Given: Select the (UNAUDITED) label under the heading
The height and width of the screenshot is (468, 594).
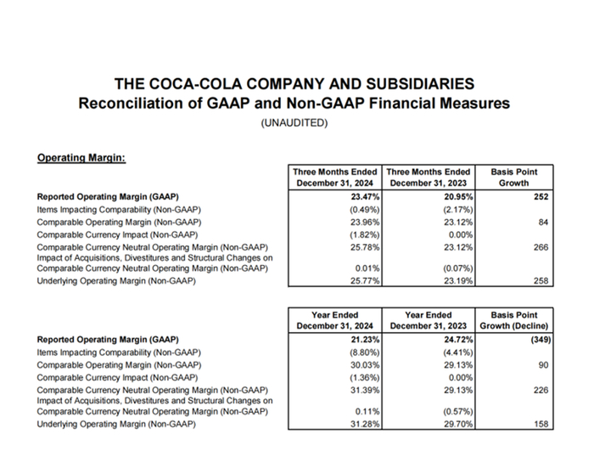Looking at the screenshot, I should [294, 123].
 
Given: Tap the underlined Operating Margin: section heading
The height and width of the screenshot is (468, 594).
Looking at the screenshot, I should [81, 157].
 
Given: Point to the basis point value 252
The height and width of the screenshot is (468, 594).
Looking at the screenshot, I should [541, 196].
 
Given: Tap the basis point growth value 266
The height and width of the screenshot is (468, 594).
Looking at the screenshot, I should [541, 247].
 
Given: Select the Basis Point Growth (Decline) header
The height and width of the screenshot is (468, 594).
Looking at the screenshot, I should [513, 319].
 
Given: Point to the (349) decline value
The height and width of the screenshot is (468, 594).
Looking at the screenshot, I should [537, 338].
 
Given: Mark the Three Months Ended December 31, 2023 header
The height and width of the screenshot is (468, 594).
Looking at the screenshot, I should [428, 177].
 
